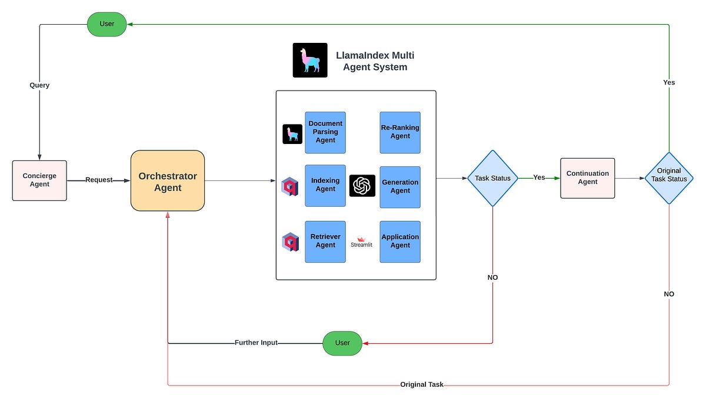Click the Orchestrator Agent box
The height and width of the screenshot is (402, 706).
coord(168,181)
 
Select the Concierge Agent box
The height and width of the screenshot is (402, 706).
coord(39,180)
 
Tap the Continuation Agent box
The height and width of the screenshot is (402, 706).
coord(587,178)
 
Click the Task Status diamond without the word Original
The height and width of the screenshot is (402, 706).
coord(492,178)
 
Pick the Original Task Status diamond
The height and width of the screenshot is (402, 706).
coord(669,178)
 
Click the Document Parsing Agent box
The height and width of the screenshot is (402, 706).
coord(325,132)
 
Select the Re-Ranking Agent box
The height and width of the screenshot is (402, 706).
coord(400,132)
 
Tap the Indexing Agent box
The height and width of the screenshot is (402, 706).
coord(325,186)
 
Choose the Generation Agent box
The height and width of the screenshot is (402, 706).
coord(400,186)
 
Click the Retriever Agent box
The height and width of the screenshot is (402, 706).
coord(325,241)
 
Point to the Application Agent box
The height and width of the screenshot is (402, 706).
coord(400,241)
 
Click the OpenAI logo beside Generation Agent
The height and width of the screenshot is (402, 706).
coord(362,186)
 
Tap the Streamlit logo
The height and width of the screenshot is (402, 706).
coord(362,242)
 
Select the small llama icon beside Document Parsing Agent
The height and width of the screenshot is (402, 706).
coord(292,134)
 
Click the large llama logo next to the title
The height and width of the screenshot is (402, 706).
coord(310,60)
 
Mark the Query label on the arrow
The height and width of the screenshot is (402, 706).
coord(39,85)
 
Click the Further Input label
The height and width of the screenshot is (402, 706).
coord(256,343)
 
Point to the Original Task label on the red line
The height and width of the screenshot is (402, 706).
coord(422,384)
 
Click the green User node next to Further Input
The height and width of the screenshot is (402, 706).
coord(342,343)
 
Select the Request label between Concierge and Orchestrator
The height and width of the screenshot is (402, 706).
coord(99,180)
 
